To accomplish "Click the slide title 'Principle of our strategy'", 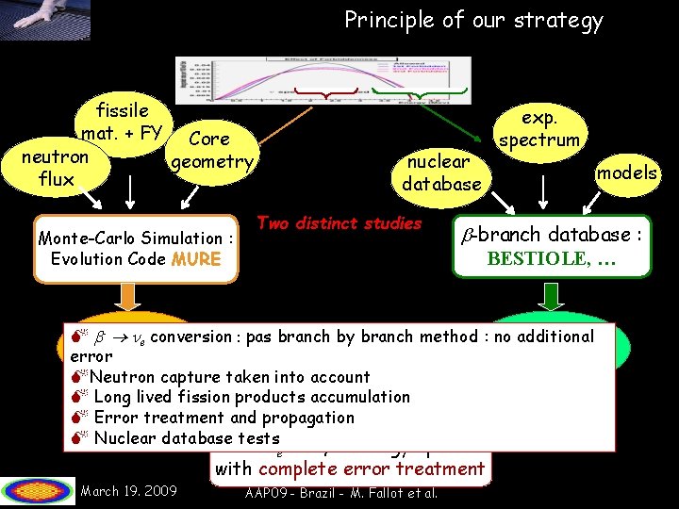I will click(x=473, y=20).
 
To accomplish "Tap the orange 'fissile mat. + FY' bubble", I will click(x=123, y=121).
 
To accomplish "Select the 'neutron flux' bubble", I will click(x=57, y=167).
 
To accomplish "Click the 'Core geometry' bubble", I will click(x=210, y=150).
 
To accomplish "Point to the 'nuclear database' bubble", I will click(x=440, y=172).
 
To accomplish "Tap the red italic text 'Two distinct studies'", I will click(x=339, y=223).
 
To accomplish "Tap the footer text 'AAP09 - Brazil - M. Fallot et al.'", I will click(x=340, y=494).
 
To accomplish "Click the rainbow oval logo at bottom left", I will click(x=38, y=491).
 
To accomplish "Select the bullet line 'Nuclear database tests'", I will click(x=186, y=438).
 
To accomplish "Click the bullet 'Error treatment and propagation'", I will click(x=224, y=418).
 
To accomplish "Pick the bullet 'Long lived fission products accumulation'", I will click(x=251, y=397).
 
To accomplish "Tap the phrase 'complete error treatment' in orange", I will click(x=371, y=468).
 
